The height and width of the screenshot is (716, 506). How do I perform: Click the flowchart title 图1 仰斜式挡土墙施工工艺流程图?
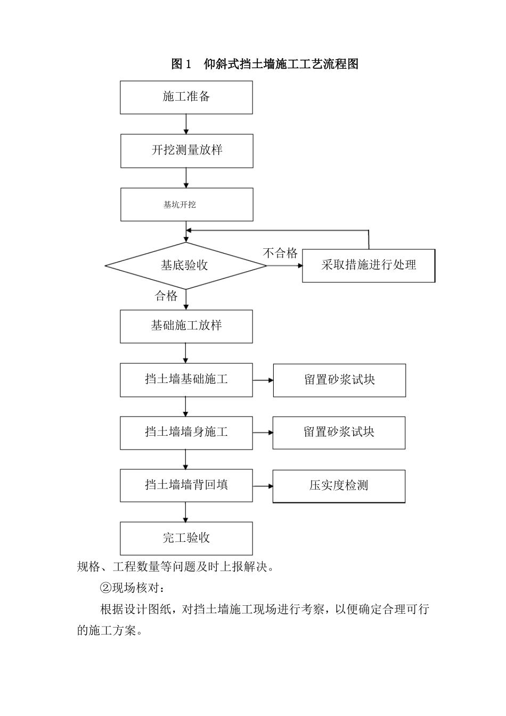(x=265, y=64)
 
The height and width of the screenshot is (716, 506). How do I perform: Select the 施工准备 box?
(x=186, y=97)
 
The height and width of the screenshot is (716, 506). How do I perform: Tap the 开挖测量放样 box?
(x=186, y=151)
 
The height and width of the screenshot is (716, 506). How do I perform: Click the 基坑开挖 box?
(x=186, y=205)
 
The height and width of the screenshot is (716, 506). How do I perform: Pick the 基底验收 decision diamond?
(x=185, y=265)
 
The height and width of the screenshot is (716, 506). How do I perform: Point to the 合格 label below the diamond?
(x=166, y=296)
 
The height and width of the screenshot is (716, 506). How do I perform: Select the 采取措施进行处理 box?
(x=369, y=265)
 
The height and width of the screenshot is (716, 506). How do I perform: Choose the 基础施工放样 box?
(x=186, y=326)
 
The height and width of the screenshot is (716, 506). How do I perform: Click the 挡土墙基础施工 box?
(x=186, y=380)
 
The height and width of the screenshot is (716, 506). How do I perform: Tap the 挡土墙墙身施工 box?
(x=186, y=433)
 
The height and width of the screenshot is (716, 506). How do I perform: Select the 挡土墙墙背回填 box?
(x=186, y=485)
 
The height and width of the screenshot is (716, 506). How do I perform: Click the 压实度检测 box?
(x=339, y=486)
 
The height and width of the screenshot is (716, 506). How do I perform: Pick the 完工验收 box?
(x=186, y=538)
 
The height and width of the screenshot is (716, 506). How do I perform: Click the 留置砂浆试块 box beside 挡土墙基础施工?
(x=339, y=380)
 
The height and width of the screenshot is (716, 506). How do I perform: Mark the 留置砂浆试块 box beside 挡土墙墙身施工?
(x=339, y=433)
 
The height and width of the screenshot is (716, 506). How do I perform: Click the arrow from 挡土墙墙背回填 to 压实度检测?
(x=263, y=486)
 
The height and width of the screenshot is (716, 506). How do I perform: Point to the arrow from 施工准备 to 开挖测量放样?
(x=186, y=124)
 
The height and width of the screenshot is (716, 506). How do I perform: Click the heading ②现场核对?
(x=134, y=588)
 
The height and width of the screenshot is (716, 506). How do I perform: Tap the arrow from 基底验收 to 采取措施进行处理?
(x=284, y=265)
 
